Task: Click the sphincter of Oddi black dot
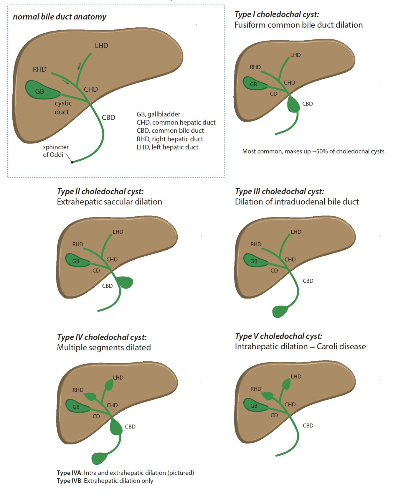[72, 162]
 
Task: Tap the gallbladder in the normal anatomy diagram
[40, 90]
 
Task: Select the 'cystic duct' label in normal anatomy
[63, 107]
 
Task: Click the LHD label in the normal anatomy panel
[101, 46]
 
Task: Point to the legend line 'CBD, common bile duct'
[170, 131]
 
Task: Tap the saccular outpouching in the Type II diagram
[126, 282]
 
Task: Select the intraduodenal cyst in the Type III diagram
[280, 311]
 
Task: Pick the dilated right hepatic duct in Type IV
[90, 396]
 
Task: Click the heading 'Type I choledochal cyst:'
[276, 14]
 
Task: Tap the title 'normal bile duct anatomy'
[60, 17]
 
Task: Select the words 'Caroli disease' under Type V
[341, 346]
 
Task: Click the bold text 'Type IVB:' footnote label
[70, 481]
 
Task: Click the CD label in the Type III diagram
[274, 271]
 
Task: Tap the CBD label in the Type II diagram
[107, 286]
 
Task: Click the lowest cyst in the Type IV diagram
[99, 458]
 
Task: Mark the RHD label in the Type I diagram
[255, 67]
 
